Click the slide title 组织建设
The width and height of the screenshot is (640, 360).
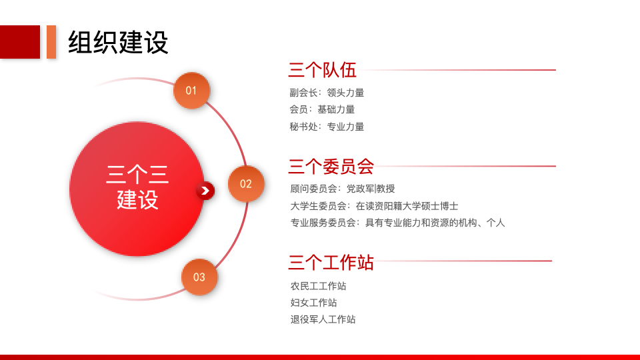(118, 43)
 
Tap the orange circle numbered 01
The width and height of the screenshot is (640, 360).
(191, 91)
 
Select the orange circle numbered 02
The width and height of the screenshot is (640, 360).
(246, 184)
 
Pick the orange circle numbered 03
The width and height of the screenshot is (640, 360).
(199, 277)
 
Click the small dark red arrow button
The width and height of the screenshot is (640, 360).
(205, 191)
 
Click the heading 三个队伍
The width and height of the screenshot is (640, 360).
(322, 70)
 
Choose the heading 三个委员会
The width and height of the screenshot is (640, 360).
(331, 166)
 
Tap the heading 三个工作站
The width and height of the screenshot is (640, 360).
(331, 262)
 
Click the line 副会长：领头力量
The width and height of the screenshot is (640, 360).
(327, 93)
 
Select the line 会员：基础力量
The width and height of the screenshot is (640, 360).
(322, 109)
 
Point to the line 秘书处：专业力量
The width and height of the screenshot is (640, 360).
(327, 126)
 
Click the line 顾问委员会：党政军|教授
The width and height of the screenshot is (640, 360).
(343, 189)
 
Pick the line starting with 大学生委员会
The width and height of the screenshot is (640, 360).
(374, 206)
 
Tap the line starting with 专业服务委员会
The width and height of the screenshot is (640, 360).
(397, 223)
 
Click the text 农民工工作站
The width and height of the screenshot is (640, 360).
(318, 286)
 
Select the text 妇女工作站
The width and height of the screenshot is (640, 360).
(313, 303)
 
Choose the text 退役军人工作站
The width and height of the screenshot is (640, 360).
(323, 319)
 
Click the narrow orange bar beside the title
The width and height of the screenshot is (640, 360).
(51, 42)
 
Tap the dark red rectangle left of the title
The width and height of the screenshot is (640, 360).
(20, 42)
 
